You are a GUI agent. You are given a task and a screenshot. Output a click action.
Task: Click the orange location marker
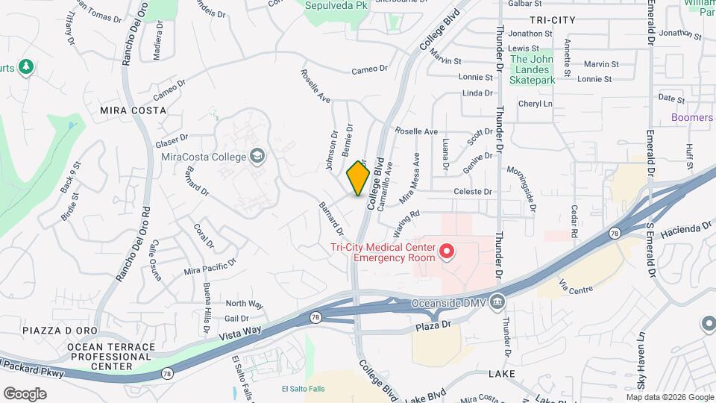[x=359, y=178]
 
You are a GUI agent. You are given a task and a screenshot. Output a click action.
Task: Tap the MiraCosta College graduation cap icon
[x=257, y=156]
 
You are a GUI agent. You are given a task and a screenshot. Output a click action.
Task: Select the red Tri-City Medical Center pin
[x=447, y=252]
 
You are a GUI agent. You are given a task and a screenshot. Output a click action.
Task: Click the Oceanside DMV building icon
[x=499, y=302]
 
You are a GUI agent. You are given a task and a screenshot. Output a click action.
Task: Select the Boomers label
[x=691, y=118]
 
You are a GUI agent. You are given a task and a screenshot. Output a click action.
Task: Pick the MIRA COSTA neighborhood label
[x=133, y=110]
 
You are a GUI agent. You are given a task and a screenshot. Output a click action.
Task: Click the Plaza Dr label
[x=436, y=325]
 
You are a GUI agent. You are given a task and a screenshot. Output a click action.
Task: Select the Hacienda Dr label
[x=685, y=228]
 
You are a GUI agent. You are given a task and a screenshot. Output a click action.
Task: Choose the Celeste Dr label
[x=473, y=192]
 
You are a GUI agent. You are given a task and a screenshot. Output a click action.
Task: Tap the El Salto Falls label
[x=304, y=389]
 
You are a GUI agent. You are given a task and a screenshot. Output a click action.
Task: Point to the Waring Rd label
[x=408, y=215]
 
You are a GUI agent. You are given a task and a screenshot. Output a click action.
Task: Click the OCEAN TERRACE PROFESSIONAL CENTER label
[x=110, y=357]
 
